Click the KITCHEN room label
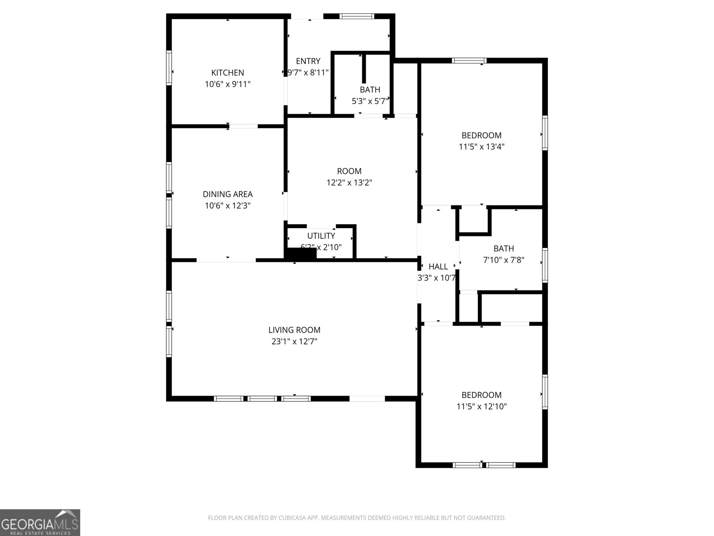228,73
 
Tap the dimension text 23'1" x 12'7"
294,342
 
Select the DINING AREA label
228,194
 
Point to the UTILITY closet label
321,236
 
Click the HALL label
438,267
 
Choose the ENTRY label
308,61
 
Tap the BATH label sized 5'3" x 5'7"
370,90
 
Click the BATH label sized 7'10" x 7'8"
503,249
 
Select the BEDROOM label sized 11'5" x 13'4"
481,135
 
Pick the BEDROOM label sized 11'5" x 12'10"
481,395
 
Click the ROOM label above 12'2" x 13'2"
349,171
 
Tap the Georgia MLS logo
40,522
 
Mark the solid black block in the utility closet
301,254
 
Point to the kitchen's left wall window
169,67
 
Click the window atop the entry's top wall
357,17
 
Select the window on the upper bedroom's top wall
469,61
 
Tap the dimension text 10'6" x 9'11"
228,84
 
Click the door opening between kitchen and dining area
243,126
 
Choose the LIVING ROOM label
294,330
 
